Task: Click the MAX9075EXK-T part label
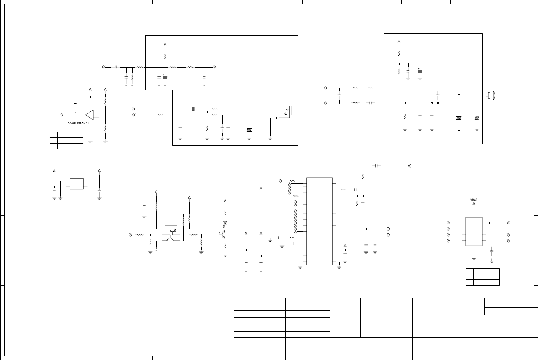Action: tap(78, 123)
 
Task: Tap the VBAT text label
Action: tap(474, 200)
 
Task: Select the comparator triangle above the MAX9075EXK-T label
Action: tap(89, 114)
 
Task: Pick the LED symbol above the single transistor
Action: tap(225, 223)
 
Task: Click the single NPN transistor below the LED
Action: tap(224, 237)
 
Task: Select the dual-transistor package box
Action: tap(171, 235)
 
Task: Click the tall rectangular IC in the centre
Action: tap(319, 221)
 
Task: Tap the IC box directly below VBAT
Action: tap(474, 231)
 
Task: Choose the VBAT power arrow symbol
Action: tap(474, 206)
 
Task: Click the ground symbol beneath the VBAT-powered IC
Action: tap(474, 257)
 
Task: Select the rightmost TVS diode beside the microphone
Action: tap(477, 118)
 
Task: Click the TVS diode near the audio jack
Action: tap(249, 129)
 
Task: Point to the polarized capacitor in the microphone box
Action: tap(420, 71)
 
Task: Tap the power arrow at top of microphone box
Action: tap(399, 42)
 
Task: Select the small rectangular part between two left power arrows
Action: tap(77, 183)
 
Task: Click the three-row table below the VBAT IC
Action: tap(483, 277)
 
